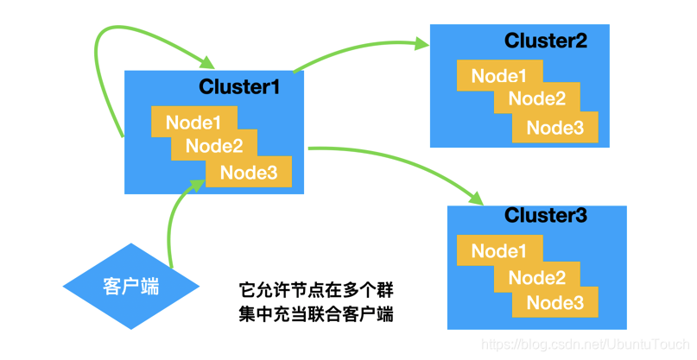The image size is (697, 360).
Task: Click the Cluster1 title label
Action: click(x=239, y=86)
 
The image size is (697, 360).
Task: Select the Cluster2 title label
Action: click(x=546, y=41)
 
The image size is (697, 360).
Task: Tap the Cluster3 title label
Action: click(x=546, y=215)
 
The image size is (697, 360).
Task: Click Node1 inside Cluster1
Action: click(x=193, y=123)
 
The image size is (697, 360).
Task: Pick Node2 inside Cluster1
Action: click(x=214, y=146)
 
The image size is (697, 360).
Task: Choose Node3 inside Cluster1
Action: click(x=249, y=173)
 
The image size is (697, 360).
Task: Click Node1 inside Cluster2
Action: click(x=499, y=77)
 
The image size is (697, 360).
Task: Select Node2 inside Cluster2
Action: click(x=536, y=98)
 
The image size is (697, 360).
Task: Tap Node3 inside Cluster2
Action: click(x=555, y=128)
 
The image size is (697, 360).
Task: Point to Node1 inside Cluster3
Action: click(x=499, y=251)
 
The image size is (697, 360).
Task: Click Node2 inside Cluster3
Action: click(x=536, y=277)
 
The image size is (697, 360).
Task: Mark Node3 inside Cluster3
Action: click(x=555, y=302)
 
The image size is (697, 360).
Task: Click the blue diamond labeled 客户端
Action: click(x=130, y=286)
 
